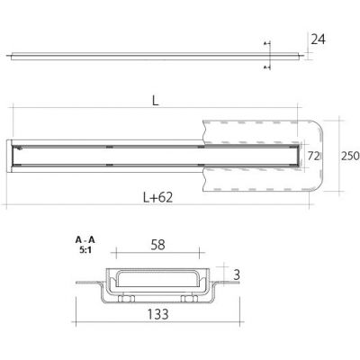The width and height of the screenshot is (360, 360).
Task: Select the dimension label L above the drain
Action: point(155,103)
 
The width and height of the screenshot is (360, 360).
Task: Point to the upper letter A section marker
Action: point(265,43)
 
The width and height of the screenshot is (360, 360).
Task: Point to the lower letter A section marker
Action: point(265,67)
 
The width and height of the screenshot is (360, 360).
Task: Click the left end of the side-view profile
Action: point(12,55)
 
